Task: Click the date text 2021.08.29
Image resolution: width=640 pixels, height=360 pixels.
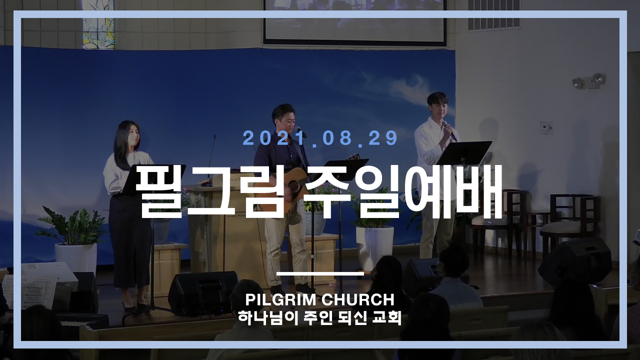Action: coord(320,138)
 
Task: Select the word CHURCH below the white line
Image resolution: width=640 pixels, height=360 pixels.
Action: coord(358,299)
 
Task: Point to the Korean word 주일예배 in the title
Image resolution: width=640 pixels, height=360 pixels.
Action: coord(402,192)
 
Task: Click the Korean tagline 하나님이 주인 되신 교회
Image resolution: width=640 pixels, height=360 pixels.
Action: coord(319,318)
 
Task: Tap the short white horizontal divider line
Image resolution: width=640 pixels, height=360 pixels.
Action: coord(320,273)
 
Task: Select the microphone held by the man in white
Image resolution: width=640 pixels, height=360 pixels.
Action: coord(450,132)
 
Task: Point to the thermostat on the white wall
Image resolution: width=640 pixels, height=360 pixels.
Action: coord(546,127)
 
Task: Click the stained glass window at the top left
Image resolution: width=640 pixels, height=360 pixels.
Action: coord(98,24)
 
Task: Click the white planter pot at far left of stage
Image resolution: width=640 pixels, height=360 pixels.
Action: coord(76,258)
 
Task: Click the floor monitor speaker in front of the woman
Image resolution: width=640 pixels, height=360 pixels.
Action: coord(203,293)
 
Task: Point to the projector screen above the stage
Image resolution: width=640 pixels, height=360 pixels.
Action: coord(354,21)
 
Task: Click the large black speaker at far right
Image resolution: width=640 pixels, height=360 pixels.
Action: coord(575,260)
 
